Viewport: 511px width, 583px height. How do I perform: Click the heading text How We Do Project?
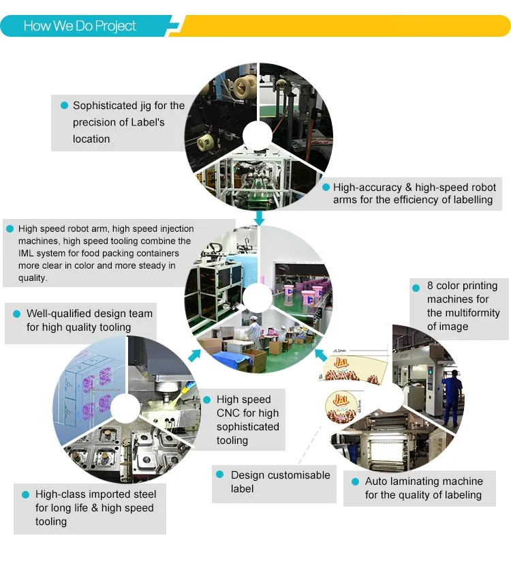pos(80,26)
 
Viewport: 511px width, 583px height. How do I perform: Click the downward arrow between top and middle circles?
pos(259,218)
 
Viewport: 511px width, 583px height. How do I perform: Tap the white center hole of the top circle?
pos(258,134)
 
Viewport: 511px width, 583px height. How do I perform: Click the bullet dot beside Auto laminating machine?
pos(355,481)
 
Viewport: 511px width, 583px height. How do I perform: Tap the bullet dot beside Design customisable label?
pos(221,475)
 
